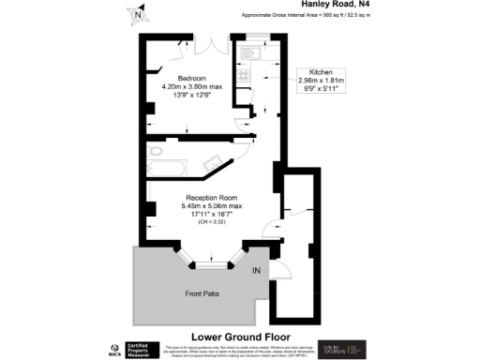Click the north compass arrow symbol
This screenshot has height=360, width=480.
pos(139,14)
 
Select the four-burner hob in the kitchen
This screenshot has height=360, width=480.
pos(244,76)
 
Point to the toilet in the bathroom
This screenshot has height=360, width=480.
pos(157,151)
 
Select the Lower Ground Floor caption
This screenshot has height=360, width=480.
pos(240,336)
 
